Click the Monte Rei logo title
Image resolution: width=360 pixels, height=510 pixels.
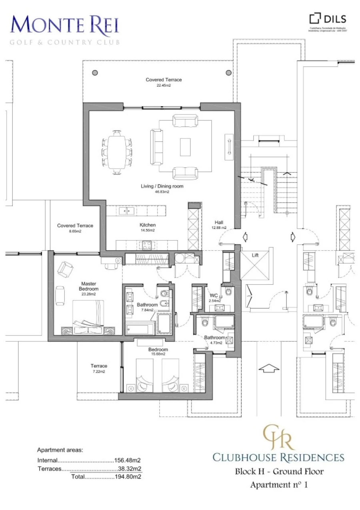click(65, 25)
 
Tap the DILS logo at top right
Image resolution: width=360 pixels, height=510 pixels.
click(328, 19)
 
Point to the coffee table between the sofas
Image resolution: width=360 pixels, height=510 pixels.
click(185, 147)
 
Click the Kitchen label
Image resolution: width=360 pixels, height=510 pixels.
click(147, 225)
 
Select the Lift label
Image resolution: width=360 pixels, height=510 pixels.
click(256, 255)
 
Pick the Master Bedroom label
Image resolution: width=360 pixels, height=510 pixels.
click(89, 286)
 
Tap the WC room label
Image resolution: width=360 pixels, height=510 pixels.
click(213, 295)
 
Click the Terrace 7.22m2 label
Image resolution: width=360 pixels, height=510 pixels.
click(99, 366)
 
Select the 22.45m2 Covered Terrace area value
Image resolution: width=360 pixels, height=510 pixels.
click(164, 85)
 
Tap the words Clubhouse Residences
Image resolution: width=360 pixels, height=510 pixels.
click(278, 457)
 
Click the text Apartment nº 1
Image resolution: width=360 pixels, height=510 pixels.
click(279, 485)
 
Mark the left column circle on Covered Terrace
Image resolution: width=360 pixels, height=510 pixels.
click(95, 73)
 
